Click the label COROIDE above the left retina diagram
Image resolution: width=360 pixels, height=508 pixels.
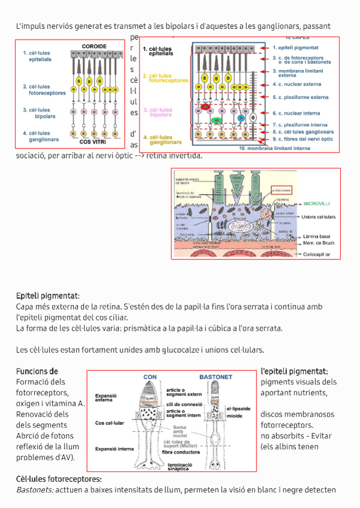tap(94, 46)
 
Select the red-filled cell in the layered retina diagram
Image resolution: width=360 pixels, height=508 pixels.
tap(205, 106)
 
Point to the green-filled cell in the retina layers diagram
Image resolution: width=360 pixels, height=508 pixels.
tap(218, 119)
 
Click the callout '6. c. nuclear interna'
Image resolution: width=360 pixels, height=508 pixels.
tap(297, 113)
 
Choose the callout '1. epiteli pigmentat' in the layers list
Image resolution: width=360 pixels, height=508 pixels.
tap(295, 47)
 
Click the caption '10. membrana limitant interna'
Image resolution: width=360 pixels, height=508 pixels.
tap(274, 147)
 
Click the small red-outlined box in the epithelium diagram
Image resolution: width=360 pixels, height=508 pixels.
tap(280, 190)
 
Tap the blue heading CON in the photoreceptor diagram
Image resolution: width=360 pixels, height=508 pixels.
tap(150, 377)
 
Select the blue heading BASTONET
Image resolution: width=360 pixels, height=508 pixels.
tap(215, 377)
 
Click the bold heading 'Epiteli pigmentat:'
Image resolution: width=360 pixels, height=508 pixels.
tap(48, 295)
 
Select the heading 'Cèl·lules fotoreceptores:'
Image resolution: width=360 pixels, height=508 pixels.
tap(59, 479)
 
